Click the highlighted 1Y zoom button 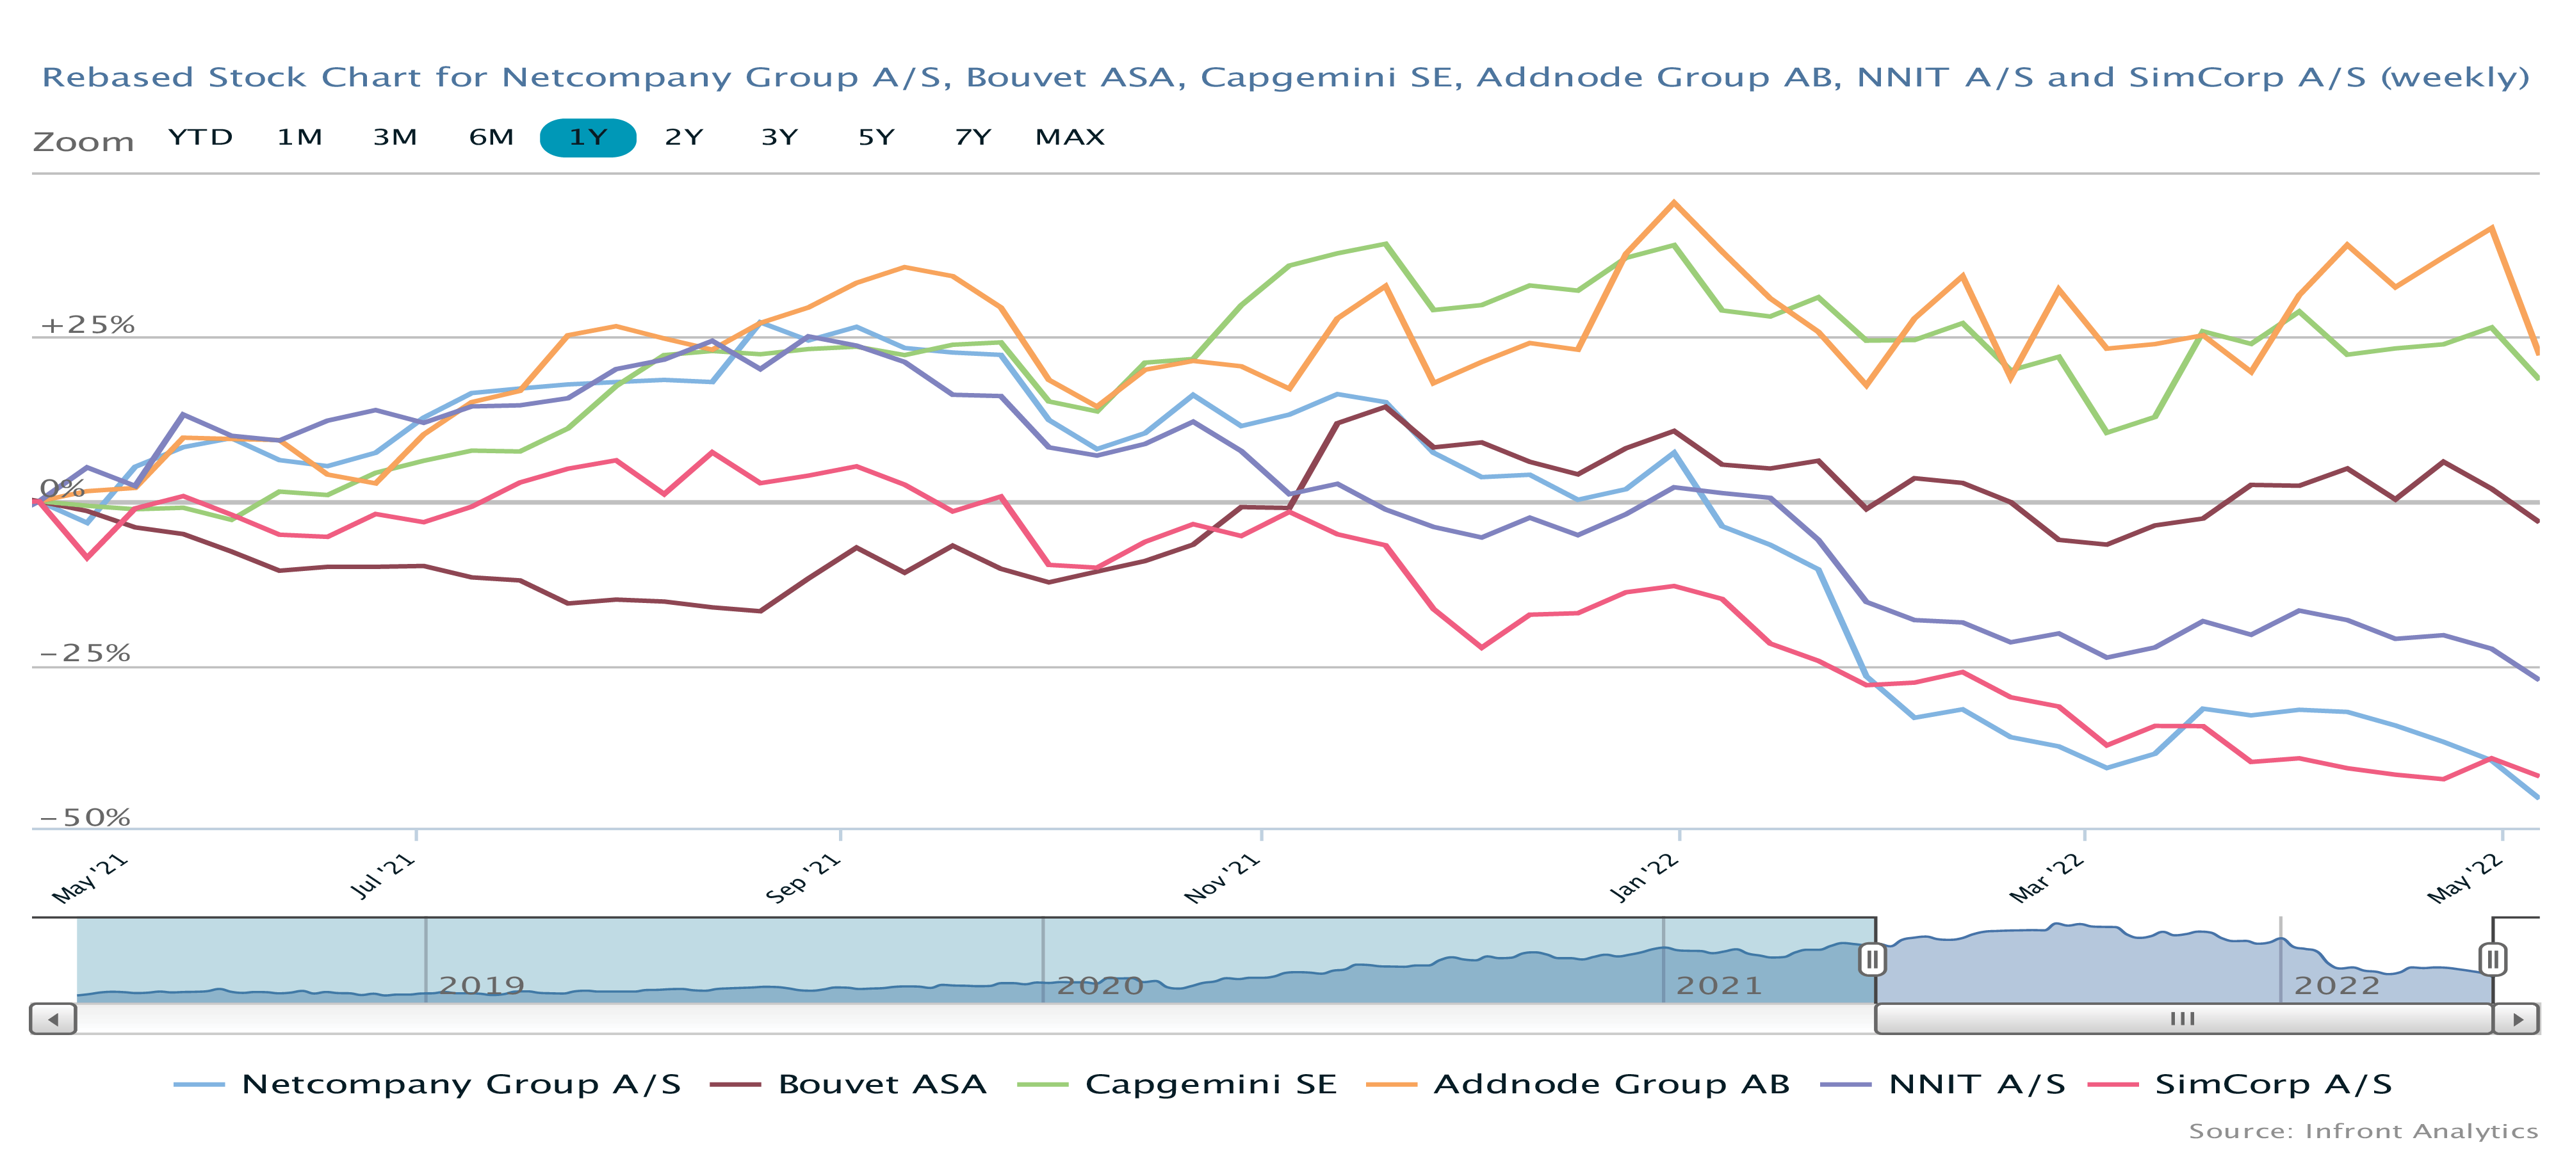[x=588, y=138]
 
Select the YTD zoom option [x=200, y=138]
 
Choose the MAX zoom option [x=1070, y=138]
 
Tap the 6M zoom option [x=491, y=138]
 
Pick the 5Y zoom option [x=875, y=138]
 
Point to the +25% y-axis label [x=87, y=325]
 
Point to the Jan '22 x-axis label [x=1645, y=878]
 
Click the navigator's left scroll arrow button [x=54, y=1019]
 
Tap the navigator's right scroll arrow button [x=2516, y=1019]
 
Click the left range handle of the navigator [x=1872, y=960]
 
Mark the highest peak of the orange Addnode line [x=1674, y=203]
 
